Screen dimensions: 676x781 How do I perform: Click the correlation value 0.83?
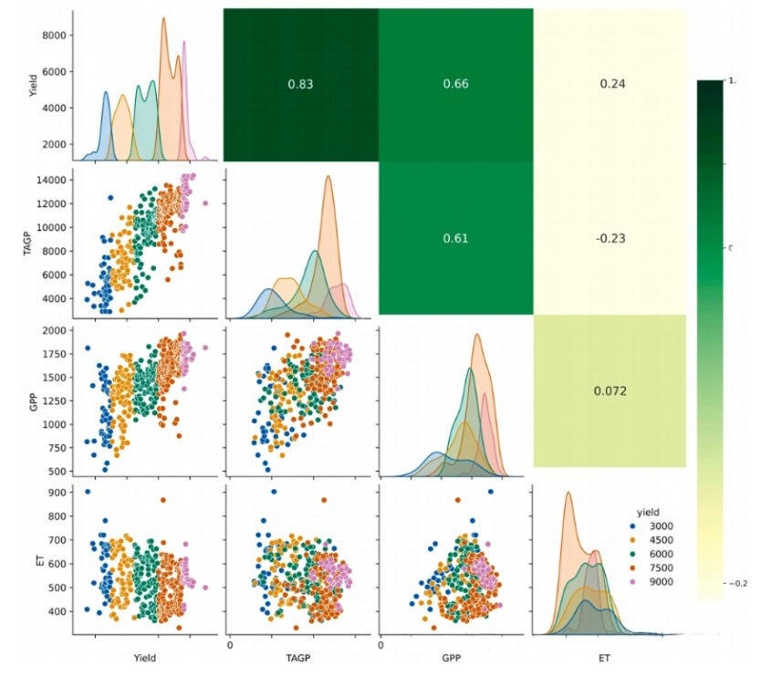point(300,84)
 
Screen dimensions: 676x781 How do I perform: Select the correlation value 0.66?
point(455,84)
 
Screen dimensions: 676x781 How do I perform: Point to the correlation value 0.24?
point(609,84)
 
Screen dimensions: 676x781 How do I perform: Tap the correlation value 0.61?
point(455,239)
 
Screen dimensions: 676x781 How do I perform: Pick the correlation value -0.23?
point(609,239)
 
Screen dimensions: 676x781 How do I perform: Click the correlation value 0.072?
point(609,391)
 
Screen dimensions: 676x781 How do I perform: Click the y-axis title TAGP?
point(27,239)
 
